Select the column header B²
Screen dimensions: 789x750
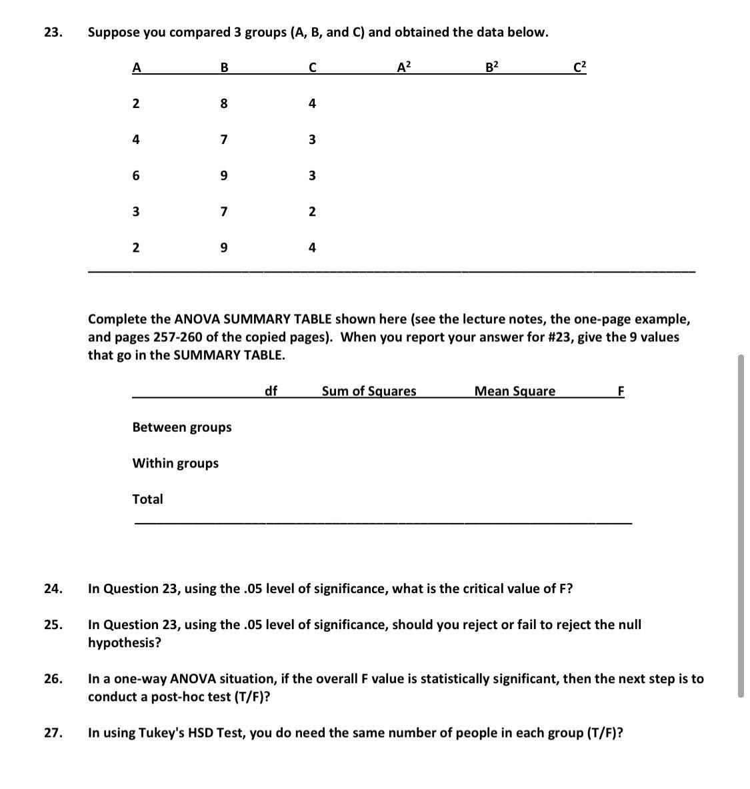(492, 67)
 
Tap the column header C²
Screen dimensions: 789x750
(580, 67)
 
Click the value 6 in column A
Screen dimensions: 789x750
(136, 176)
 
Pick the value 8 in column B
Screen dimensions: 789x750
(224, 104)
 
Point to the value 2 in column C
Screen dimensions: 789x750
(312, 212)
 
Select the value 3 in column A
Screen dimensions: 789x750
(136, 212)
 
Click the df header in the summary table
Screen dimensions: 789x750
(271, 391)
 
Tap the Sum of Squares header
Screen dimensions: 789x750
(369, 391)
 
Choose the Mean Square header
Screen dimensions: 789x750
(515, 391)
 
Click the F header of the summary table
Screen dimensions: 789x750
(621, 391)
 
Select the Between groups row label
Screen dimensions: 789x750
(182, 427)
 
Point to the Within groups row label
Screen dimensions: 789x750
(175, 463)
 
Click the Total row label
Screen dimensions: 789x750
(147, 499)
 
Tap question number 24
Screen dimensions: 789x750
(53, 588)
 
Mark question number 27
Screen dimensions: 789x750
(53, 733)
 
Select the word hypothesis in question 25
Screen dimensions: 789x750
(125, 643)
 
